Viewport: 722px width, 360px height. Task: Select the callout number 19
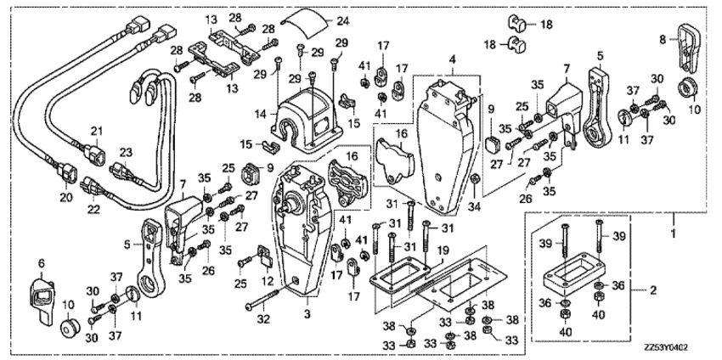coord(442,252)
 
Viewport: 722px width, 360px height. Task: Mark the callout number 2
coord(653,290)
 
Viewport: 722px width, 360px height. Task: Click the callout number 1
coord(674,233)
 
